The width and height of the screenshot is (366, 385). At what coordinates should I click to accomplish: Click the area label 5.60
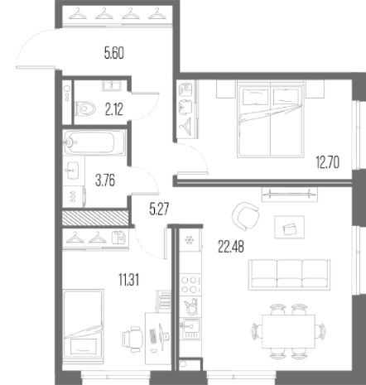(x=114, y=53)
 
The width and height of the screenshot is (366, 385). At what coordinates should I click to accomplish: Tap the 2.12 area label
(x=113, y=109)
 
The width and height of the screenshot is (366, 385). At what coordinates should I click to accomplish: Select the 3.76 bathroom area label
(x=105, y=181)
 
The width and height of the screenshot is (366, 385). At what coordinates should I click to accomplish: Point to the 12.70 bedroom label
(x=328, y=162)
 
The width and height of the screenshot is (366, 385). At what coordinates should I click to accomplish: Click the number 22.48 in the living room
(x=231, y=247)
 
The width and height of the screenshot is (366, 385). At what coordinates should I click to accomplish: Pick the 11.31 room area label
(x=128, y=280)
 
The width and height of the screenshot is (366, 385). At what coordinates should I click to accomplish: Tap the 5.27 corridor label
(x=159, y=209)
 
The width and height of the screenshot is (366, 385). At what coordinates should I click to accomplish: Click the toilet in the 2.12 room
(x=85, y=108)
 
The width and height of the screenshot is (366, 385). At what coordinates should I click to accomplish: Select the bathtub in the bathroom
(x=94, y=142)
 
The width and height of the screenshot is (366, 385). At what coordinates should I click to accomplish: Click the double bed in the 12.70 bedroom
(x=271, y=119)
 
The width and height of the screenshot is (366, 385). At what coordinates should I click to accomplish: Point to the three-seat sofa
(x=289, y=275)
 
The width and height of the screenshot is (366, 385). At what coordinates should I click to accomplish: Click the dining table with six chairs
(x=288, y=331)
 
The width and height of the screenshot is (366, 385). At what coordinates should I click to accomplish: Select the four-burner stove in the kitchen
(x=190, y=285)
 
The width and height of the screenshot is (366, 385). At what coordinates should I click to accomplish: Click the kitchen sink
(x=190, y=329)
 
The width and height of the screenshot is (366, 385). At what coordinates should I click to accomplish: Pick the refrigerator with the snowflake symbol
(x=190, y=240)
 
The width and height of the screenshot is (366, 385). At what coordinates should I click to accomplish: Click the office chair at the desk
(x=132, y=339)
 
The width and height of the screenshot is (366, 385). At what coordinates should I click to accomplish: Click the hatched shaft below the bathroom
(x=95, y=218)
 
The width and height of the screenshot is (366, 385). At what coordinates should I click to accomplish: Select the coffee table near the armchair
(x=289, y=227)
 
